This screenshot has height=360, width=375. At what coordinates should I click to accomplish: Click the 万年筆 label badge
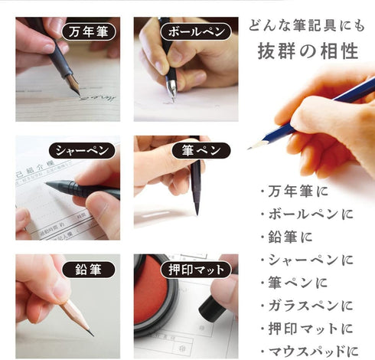tap(88, 32)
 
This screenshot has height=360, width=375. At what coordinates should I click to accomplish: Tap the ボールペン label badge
tap(194, 32)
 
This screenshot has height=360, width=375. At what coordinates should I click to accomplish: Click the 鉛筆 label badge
tap(88, 269)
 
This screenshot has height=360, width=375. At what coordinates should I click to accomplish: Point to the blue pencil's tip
tap(249, 146)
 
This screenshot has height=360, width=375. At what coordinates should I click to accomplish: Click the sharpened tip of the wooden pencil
tap(92, 334)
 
